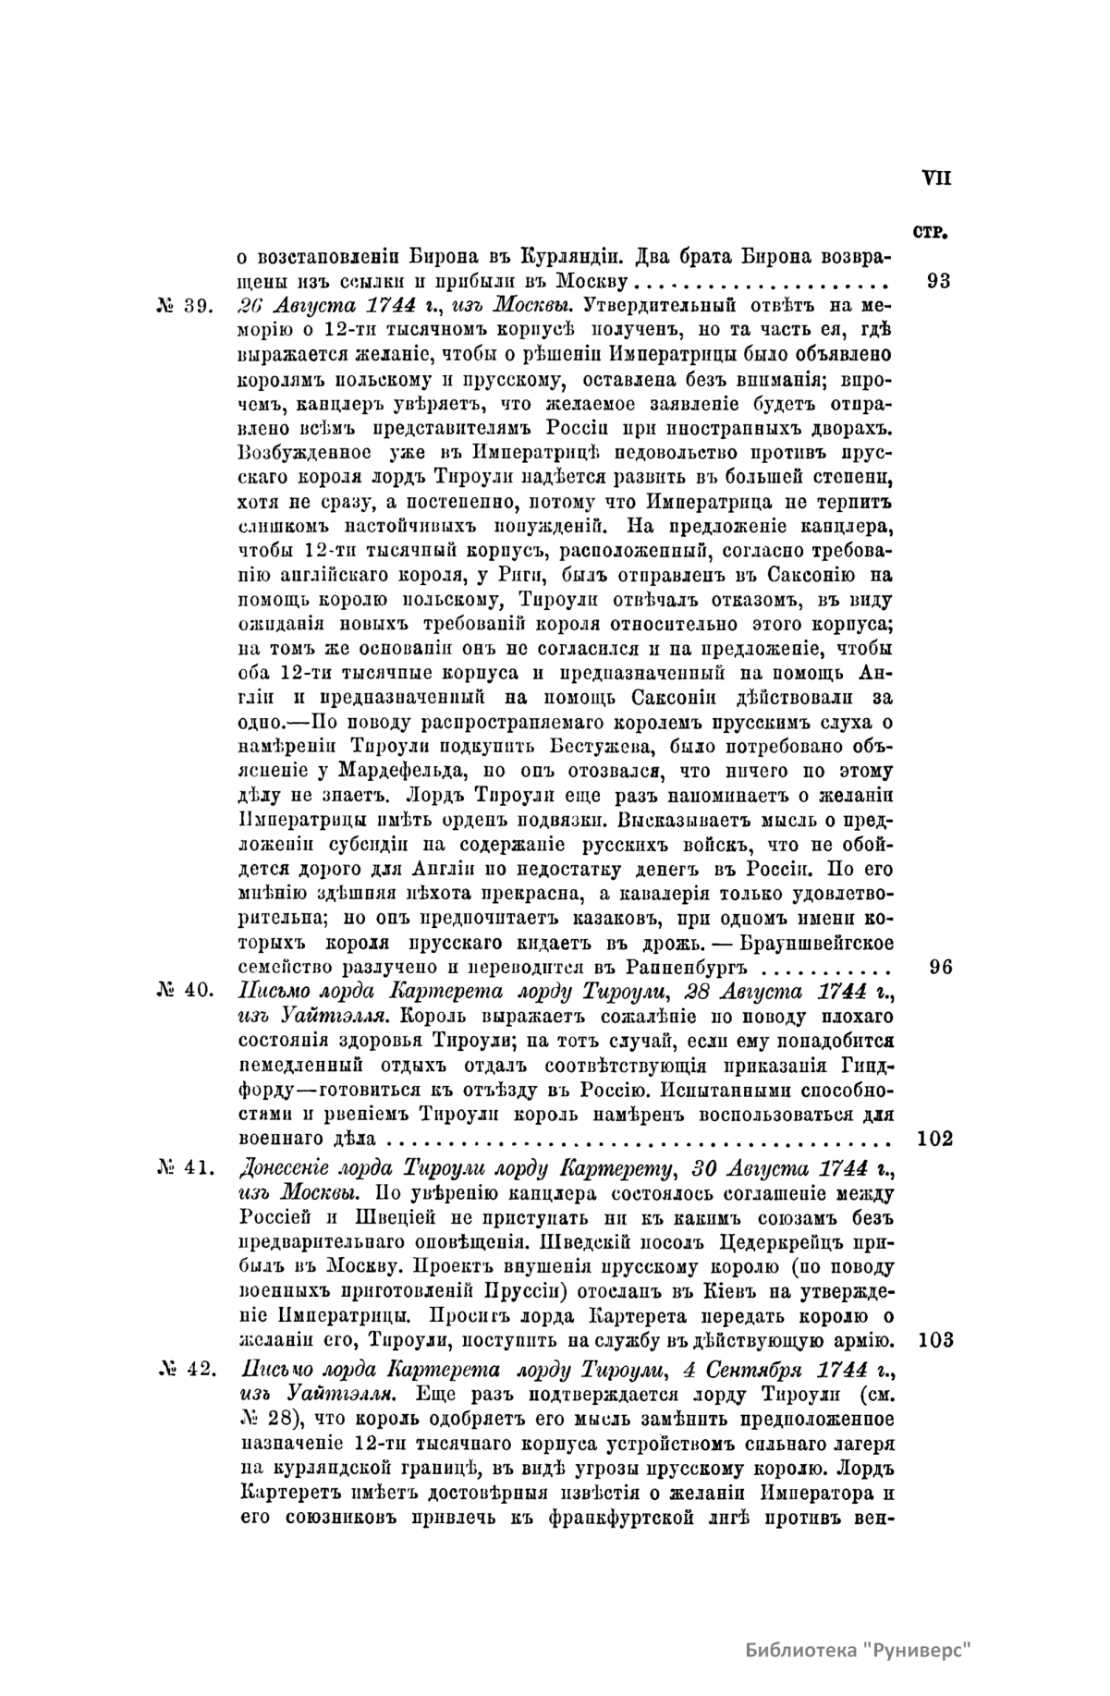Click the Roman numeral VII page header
(x=935, y=178)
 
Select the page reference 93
(x=937, y=281)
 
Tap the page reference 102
(x=935, y=1139)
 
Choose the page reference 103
(x=935, y=1340)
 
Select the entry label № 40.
(x=188, y=993)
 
